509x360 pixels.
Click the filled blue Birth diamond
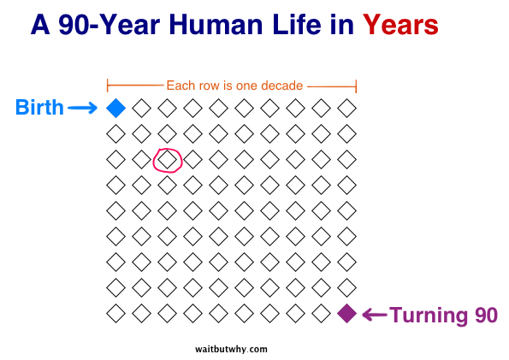pos(115,108)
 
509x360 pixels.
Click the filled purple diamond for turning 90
pos(347,314)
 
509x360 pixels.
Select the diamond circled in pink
pos(167,159)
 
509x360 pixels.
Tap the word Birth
pos(39,107)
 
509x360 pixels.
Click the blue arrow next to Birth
pos(82,108)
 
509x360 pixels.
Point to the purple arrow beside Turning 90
pos(375,315)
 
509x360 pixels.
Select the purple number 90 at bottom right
pos(486,315)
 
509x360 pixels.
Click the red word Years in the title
pos(400,25)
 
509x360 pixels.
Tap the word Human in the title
pos(216,25)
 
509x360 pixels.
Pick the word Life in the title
pos(297,25)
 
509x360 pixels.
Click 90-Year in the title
pos(109,25)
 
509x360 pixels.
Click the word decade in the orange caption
pos(281,86)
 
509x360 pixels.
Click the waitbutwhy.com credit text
pos(231,349)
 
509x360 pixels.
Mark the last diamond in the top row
pos(347,108)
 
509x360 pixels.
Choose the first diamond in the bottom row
pos(115,314)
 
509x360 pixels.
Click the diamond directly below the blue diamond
pos(115,133)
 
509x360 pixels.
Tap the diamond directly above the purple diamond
pos(347,288)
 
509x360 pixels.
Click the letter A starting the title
pos(40,25)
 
